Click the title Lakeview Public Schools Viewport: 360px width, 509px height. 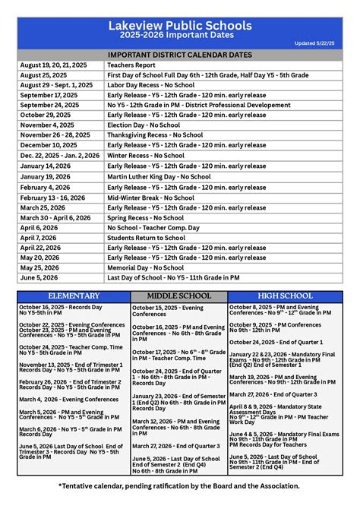(179, 25)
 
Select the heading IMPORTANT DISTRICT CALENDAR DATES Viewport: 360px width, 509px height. (179, 55)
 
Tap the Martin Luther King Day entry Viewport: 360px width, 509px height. (159, 176)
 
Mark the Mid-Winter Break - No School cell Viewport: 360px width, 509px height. (150, 198)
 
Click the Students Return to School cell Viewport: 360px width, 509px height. (146, 238)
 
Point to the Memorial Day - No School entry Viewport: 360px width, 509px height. (146, 267)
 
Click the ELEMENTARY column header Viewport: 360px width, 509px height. (74, 296)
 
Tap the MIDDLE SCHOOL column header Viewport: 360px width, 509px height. (178, 296)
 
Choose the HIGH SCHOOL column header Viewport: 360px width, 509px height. (285, 296)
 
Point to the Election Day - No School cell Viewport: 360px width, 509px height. (144, 124)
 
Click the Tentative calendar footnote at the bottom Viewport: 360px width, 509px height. (179, 485)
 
